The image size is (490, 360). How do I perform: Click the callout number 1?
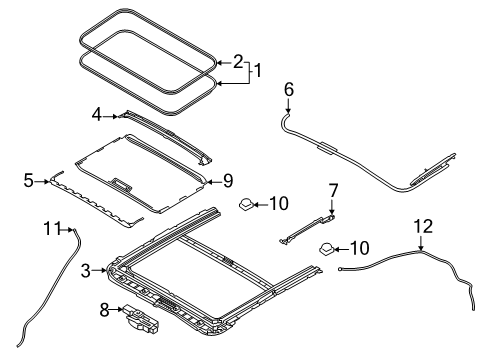pyautogui.click(x=258, y=70)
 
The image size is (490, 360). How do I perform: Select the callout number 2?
pyautogui.click(x=238, y=62)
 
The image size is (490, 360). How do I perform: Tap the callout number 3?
pyautogui.click(x=86, y=271)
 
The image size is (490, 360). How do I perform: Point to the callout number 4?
pyautogui.click(x=97, y=115)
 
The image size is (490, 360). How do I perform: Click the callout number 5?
pyautogui.click(x=29, y=181)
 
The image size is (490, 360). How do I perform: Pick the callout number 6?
pyautogui.click(x=289, y=89)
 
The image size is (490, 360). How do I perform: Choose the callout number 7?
pyautogui.click(x=333, y=190)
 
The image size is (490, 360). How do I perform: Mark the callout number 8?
pyautogui.click(x=104, y=310)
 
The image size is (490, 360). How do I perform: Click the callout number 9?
pyautogui.click(x=228, y=181)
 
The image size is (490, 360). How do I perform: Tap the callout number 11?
pyautogui.click(x=52, y=229)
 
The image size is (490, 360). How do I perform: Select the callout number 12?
pyautogui.click(x=423, y=226)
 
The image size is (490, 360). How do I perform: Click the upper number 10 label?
pyautogui.click(x=279, y=203)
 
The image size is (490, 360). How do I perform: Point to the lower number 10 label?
pyautogui.click(x=359, y=248)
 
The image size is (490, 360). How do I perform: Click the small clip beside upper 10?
pyautogui.click(x=246, y=204)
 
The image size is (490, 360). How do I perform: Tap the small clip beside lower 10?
pyautogui.click(x=327, y=249)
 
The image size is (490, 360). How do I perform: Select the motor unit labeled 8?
pyautogui.click(x=141, y=320)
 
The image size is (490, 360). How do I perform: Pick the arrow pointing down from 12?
pyautogui.click(x=421, y=242)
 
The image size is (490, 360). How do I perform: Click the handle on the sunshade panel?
pyautogui.click(x=122, y=185)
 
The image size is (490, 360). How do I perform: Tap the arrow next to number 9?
pyautogui.click(x=214, y=182)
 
